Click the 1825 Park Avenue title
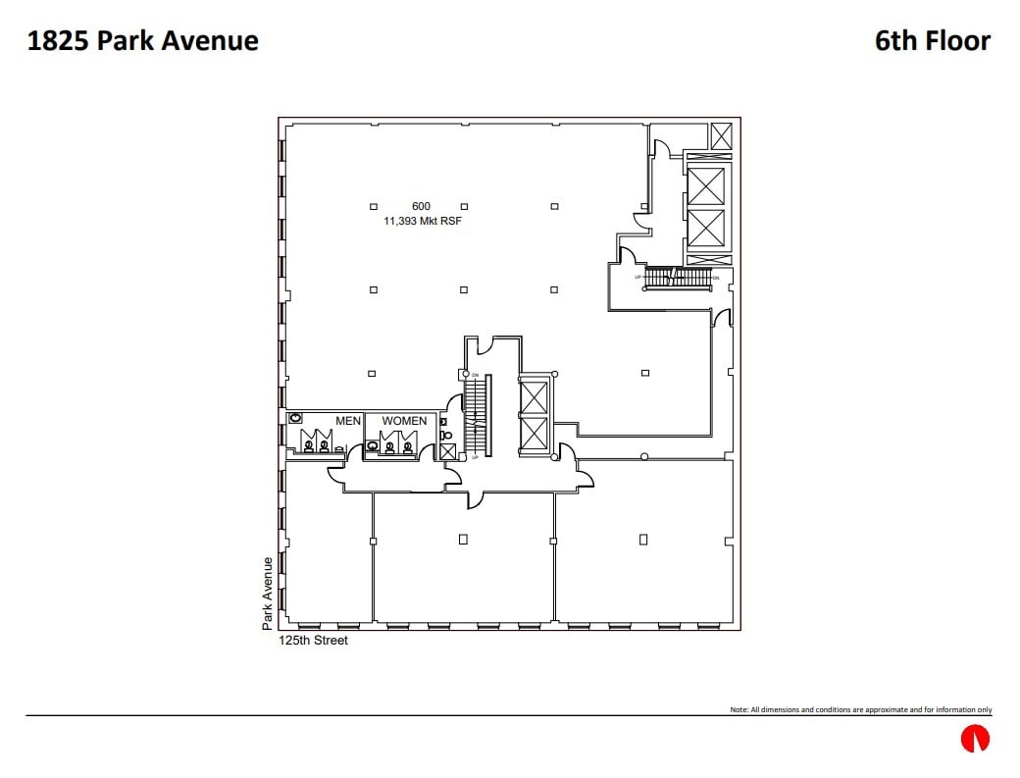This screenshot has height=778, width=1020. [x=143, y=40]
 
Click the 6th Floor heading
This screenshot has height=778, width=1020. [x=933, y=40]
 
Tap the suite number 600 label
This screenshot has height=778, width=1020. [x=421, y=206]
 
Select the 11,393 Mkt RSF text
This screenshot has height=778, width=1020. [x=422, y=222]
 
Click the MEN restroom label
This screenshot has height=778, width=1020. [x=348, y=421]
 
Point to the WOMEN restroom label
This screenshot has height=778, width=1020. [x=404, y=421]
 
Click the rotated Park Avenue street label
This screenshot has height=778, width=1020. [x=267, y=594]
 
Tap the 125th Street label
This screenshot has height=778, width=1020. [x=314, y=641]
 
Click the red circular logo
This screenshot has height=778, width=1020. [x=975, y=739]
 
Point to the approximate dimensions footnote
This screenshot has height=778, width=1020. [x=860, y=709]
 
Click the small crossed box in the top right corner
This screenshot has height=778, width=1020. [x=722, y=135]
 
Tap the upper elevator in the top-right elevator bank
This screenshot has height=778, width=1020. [x=706, y=185]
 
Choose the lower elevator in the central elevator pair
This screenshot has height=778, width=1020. [x=534, y=433]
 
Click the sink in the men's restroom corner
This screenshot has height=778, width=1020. [x=295, y=418]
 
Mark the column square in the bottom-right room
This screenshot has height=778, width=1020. [x=643, y=539]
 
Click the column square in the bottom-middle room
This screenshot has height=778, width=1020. [x=463, y=539]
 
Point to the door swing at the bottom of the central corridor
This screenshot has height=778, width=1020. [x=476, y=500]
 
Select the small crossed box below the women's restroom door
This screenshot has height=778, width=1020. [x=448, y=451]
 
